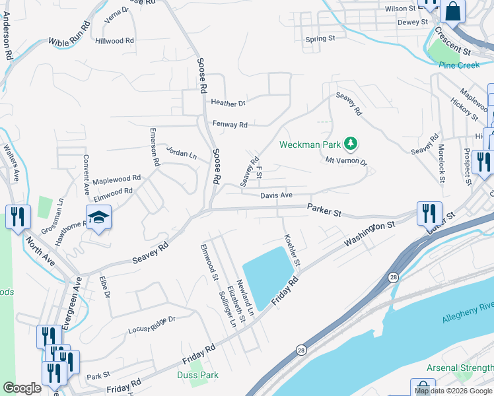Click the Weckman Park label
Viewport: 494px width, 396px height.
(310, 144)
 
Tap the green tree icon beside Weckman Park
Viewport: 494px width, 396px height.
(351, 143)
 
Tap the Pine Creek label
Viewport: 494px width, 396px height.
(458, 65)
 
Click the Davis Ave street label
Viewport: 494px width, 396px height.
(276, 195)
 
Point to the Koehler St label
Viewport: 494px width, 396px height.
(291, 250)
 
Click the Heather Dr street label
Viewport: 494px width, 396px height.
(229, 103)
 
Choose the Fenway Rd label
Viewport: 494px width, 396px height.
(230, 124)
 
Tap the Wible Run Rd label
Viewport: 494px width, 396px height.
(69, 36)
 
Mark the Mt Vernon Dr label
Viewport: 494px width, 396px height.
(346, 160)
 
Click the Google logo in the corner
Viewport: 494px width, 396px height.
(22, 389)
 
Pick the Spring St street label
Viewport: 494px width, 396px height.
(320, 39)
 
